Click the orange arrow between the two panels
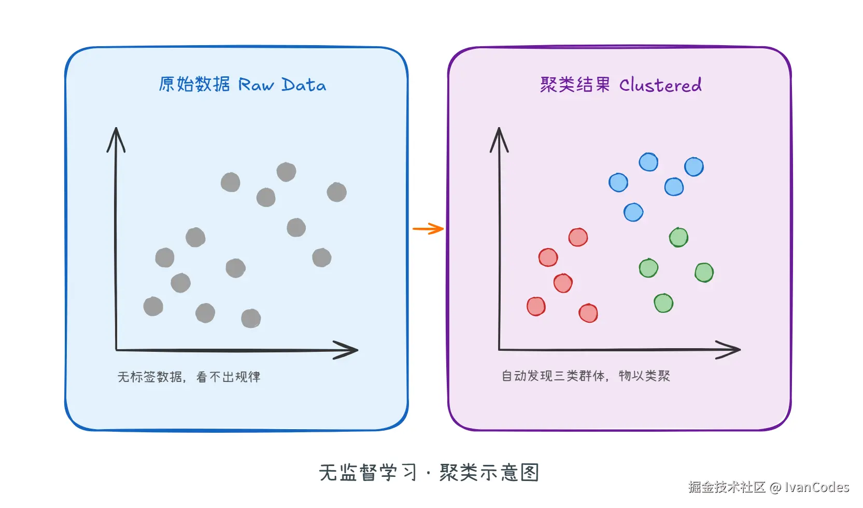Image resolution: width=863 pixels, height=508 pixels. click(x=428, y=229)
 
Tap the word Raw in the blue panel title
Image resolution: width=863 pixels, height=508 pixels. click(x=256, y=85)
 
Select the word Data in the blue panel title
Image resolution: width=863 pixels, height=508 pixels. click(x=304, y=85)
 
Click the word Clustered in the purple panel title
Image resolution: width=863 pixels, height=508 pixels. click(x=660, y=85)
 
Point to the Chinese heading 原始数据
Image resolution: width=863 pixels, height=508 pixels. click(x=194, y=84)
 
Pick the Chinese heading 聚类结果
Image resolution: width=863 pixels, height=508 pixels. click(x=575, y=85)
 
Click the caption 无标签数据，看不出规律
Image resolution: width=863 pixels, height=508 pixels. click(x=189, y=377)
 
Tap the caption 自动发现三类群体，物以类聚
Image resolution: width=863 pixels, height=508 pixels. click(x=586, y=376)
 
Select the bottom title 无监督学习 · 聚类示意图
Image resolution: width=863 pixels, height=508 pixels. click(x=429, y=473)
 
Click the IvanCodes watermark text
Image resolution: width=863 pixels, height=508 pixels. click(x=817, y=487)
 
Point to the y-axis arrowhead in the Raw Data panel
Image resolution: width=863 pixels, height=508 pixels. click(x=116, y=139)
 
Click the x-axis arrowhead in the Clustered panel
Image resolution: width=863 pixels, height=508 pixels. click(x=730, y=350)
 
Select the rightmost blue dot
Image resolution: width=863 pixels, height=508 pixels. click(x=694, y=167)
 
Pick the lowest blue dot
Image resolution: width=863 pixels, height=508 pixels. click(x=633, y=212)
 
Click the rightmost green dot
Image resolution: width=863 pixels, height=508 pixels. click(x=704, y=272)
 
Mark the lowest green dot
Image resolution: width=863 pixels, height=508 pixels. click(x=663, y=303)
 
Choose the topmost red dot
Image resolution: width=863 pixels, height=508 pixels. click(x=578, y=238)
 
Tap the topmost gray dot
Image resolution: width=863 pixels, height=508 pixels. click(x=286, y=172)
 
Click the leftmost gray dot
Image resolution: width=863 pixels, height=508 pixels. click(x=153, y=307)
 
